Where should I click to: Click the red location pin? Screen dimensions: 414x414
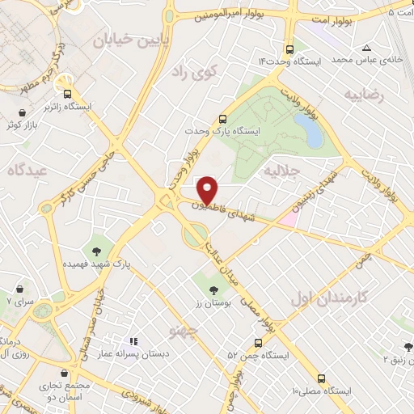209,189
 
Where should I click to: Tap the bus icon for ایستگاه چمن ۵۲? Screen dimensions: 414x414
259,342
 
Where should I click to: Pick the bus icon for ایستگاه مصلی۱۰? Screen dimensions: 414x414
323,378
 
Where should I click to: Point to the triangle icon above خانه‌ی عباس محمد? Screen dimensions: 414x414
367,48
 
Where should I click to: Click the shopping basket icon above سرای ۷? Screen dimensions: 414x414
16,286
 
